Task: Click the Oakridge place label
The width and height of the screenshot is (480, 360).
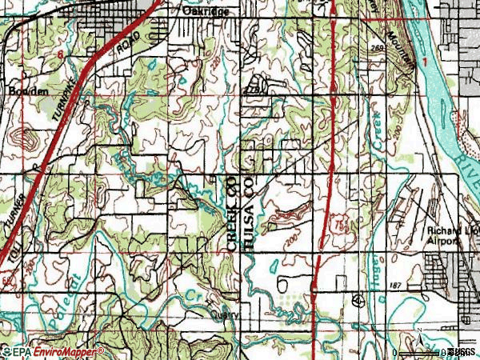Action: point(206,13)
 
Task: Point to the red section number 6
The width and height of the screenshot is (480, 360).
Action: point(60,51)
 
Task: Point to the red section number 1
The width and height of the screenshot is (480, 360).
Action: point(426,62)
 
